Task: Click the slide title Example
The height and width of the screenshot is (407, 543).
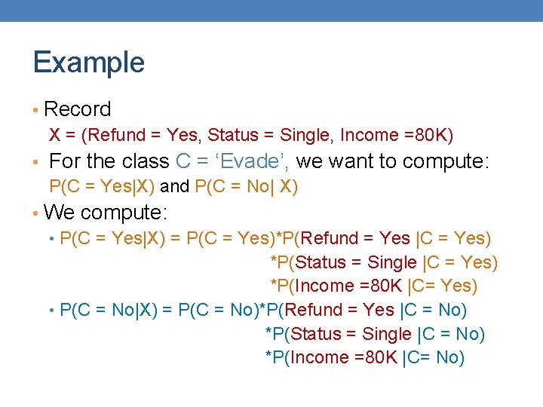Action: point(89,62)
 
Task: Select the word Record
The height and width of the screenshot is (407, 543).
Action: point(78,109)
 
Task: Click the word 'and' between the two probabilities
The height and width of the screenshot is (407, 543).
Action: point(174,187)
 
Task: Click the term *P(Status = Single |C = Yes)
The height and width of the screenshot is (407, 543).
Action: point(384,262)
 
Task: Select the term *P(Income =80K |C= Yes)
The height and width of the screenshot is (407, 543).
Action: point(374,286)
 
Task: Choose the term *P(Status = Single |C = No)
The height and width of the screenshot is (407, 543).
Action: point(375,334)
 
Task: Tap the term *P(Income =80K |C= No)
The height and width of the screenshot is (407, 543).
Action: point(364,357)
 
